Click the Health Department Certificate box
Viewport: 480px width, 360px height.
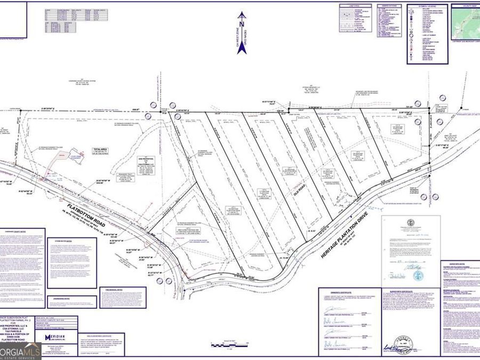[411, 248]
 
